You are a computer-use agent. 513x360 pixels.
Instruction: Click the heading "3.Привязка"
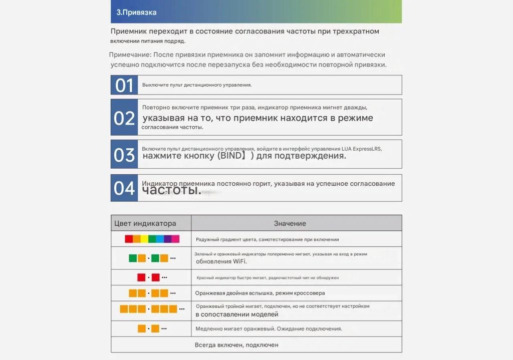tap(136, 12)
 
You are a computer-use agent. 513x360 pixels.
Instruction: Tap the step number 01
tap(124, 85)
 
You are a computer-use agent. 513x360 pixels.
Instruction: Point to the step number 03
tap(124, 155)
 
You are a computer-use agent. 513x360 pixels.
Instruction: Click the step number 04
tap(124, 188)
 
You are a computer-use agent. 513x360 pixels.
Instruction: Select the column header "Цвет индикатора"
tap(145, 223)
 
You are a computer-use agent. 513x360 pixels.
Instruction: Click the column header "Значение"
tap(290, 223)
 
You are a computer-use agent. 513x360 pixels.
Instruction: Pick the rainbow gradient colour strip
tap(152, 239)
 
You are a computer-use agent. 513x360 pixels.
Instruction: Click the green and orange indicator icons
tap(152, 258)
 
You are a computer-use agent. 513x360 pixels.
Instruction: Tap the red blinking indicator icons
tap(152, 277)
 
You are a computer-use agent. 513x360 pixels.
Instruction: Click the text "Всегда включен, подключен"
tap(236, 345)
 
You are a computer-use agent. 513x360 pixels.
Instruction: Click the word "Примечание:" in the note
tap(130, 55)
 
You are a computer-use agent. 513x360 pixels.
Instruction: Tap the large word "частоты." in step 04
tap(171, 191)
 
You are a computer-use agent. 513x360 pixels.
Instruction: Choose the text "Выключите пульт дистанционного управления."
tap(197, 85)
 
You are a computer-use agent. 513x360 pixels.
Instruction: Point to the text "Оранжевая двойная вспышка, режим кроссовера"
tap(260, 293)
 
